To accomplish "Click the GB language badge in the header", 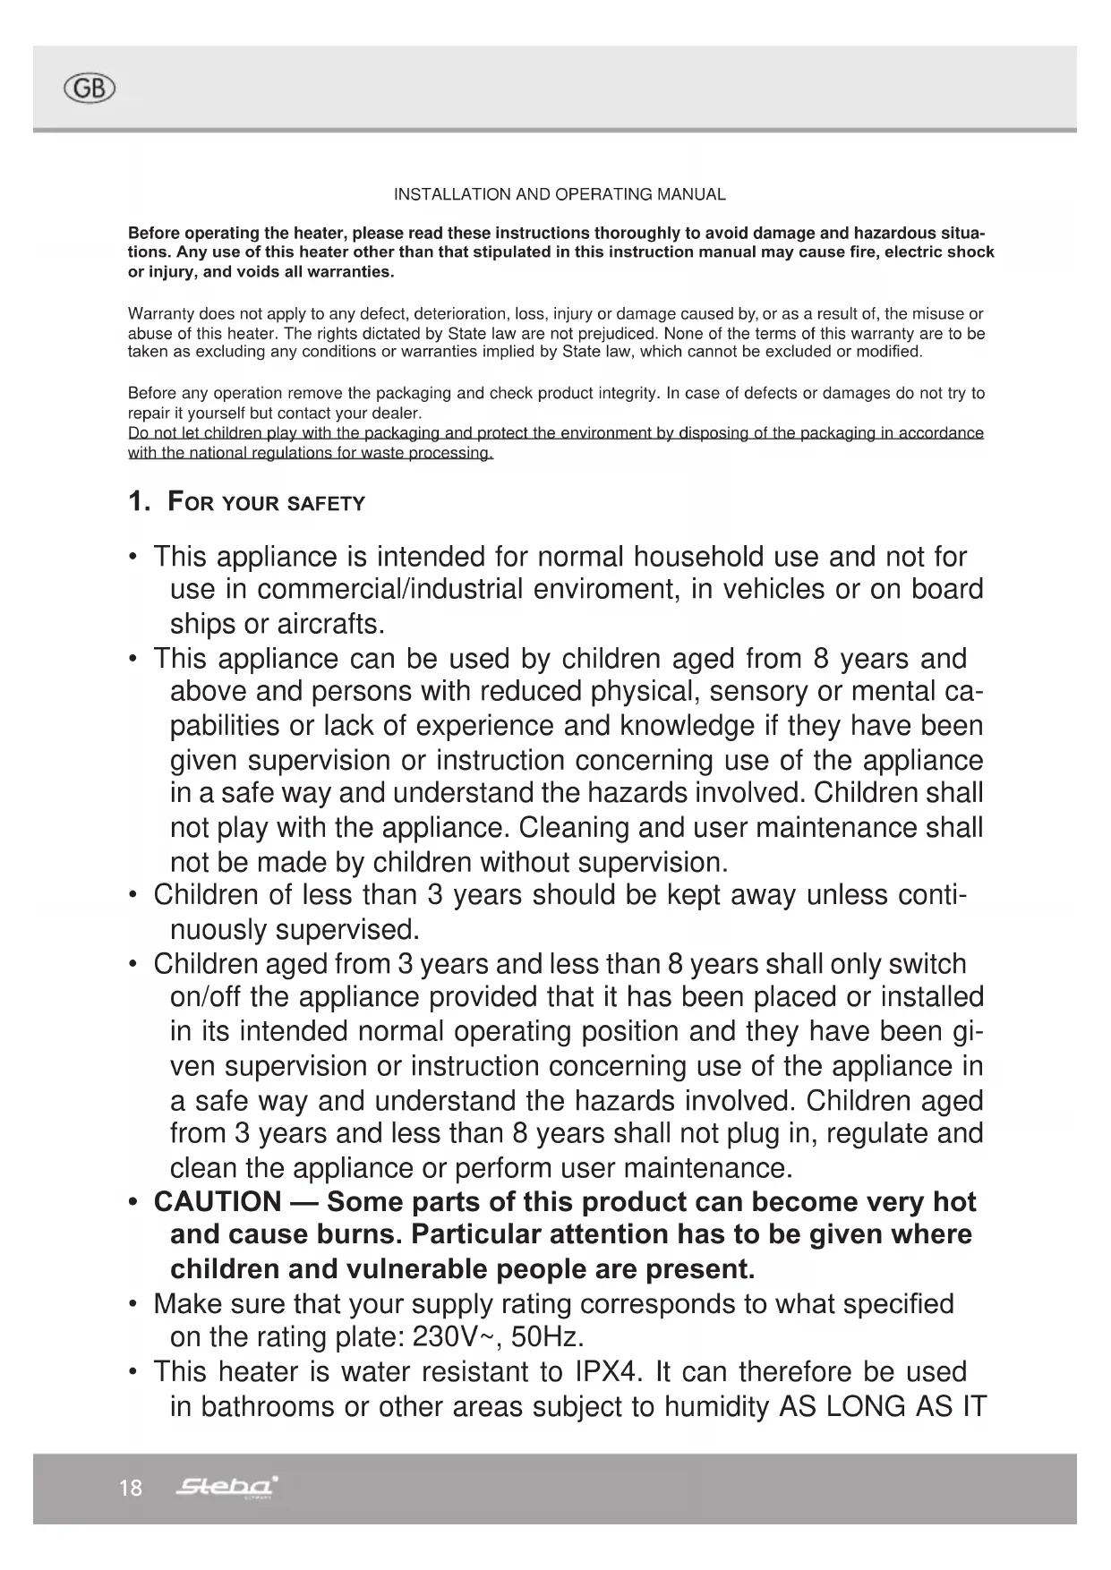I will point(90,88).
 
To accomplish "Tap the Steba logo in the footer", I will point(228,1487).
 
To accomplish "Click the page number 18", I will point(131,1488).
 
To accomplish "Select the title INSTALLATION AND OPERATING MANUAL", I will point(560,194).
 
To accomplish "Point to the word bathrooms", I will point(268,1406).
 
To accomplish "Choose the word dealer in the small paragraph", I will point(397,413).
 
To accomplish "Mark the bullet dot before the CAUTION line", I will point(132,1201).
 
